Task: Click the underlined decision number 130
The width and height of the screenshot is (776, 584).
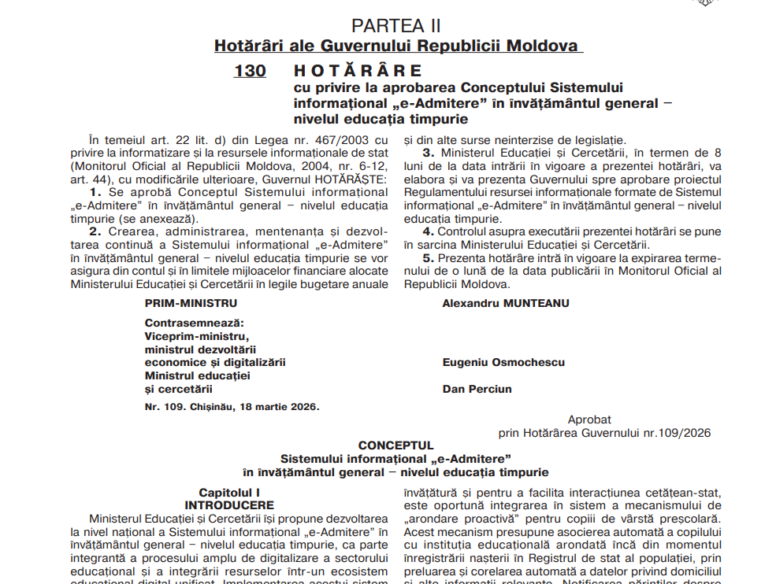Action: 250,71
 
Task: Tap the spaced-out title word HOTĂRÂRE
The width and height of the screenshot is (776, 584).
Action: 358,71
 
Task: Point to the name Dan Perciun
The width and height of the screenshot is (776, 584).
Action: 477,389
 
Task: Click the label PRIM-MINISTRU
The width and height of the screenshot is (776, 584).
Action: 191,303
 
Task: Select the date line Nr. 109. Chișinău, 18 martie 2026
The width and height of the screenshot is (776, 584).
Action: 232,407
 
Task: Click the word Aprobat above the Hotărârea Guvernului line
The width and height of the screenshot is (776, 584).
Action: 589,420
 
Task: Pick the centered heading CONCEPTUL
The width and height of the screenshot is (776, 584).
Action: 396,445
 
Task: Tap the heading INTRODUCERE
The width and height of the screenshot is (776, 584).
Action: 229,505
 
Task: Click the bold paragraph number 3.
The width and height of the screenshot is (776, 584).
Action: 429,153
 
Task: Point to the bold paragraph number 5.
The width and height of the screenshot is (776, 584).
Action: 429,258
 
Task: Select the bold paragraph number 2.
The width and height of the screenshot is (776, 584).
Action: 95,231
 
